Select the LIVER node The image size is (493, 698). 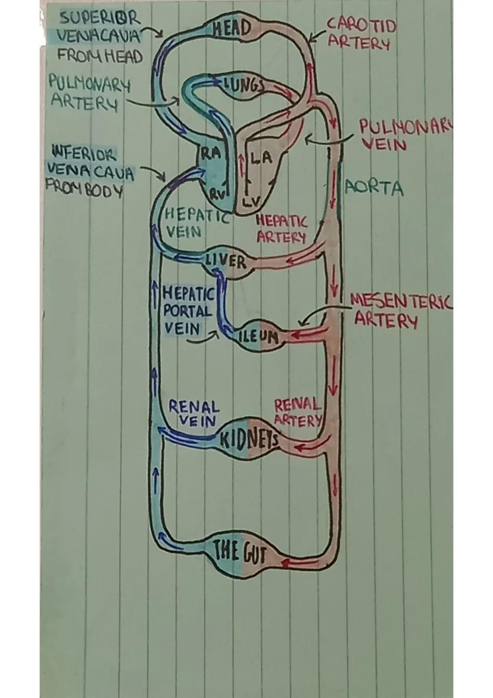(x=225, y=262)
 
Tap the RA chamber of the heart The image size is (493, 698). (x=210, y=154)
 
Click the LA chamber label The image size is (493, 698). (x=259, y=159)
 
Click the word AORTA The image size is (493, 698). (x=374, y=189)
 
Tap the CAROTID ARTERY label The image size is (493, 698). (x=361, y=34)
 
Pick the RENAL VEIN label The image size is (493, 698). (x=194, y=414)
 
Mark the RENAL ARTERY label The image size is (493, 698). (x=297, y=412)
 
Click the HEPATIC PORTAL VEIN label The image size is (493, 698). (x=188, y=311)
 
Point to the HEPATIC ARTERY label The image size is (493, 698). (x=281, y=229)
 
